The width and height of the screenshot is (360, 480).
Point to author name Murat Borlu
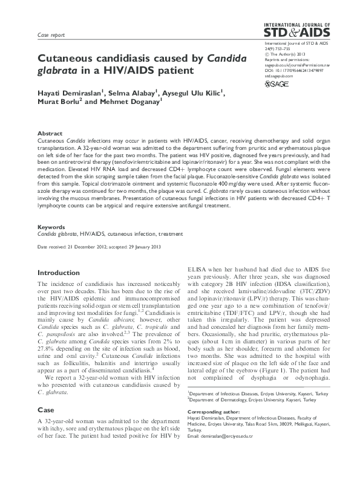(57, 103)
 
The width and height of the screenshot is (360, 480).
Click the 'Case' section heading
(46, 410)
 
